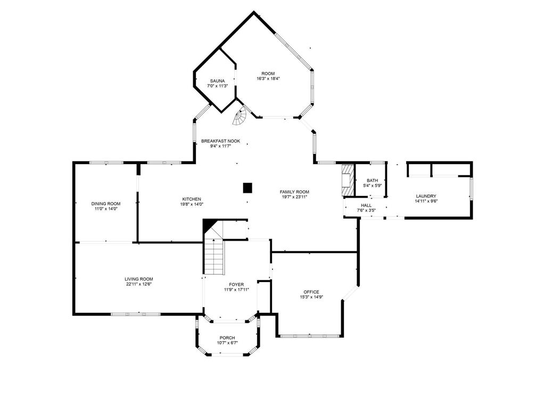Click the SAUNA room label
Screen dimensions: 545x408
217,81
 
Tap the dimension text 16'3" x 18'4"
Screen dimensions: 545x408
268,79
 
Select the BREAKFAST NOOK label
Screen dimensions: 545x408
221,141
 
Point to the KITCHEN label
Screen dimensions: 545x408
192,199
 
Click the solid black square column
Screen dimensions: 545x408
247,188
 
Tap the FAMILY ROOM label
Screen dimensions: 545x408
294,192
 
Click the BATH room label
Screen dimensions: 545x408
372,181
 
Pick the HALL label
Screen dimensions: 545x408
366,206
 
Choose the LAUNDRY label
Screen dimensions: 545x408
426,196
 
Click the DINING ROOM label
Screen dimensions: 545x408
106,203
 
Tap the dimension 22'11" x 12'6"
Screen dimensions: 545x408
139,284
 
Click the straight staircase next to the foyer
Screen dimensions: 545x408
213,257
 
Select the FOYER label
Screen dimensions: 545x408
236,285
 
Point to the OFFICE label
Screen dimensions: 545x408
311,292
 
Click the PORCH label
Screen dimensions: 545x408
227,338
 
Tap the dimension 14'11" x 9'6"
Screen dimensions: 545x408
426,201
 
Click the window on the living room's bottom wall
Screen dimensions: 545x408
136,314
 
